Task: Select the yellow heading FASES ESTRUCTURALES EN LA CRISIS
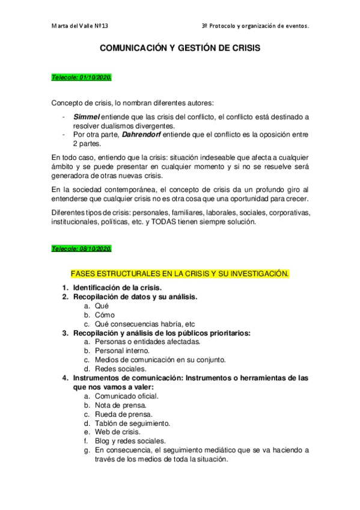[x=180, y=274]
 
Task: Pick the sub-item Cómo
[x=105, y=315]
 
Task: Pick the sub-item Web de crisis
[x=118, y=432]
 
